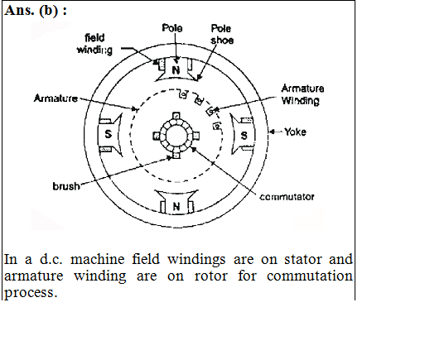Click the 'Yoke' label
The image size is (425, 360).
coord(295,132)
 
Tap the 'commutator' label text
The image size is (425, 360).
coord(287,197)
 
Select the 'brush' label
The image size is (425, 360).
coord(66,186)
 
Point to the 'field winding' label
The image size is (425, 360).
coord(94,44)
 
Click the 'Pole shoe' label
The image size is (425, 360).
coord(222,34)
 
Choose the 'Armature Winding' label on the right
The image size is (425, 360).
coord(302,94)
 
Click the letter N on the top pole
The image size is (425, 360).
coord(176,70)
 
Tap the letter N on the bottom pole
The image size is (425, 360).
coord(176,206)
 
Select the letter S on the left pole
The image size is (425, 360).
coord(109,134)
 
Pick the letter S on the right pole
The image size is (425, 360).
coord(244,136)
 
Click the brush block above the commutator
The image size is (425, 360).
coord(176,116)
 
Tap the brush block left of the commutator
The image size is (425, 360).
coord(157,136)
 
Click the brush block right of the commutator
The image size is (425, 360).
coord(196,136)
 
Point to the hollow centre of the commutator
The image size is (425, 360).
coord(176,135)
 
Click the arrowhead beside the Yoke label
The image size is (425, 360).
coord(272,132)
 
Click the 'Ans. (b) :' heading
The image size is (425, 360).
coord(36,11)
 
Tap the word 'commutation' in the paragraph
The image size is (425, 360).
coord(310,276)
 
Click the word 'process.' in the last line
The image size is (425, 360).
coord(31,293)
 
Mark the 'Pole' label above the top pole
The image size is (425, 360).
coord(172,28)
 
